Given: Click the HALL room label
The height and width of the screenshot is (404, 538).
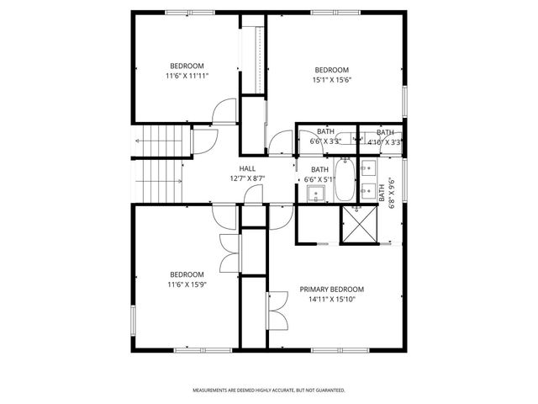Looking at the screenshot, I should (x=247, y=168).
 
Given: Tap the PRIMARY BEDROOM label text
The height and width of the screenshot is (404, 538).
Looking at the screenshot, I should (x=331, y=289).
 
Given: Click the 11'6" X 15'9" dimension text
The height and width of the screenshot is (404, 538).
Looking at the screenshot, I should (x=187, y=284).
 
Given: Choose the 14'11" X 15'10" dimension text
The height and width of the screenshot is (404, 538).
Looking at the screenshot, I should (x=331, y=299).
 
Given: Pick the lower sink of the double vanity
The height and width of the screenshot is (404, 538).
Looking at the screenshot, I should (x=367, y=189).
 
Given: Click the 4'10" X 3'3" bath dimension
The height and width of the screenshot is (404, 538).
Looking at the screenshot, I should (x=385, y=142).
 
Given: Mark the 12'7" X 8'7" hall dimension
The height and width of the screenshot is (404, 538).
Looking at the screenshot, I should (x=247, y=178).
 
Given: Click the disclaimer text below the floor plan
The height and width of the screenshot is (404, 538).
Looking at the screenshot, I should (x=269, y=391).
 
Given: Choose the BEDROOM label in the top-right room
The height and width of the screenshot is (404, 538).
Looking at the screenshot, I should (x=331, y=70).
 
